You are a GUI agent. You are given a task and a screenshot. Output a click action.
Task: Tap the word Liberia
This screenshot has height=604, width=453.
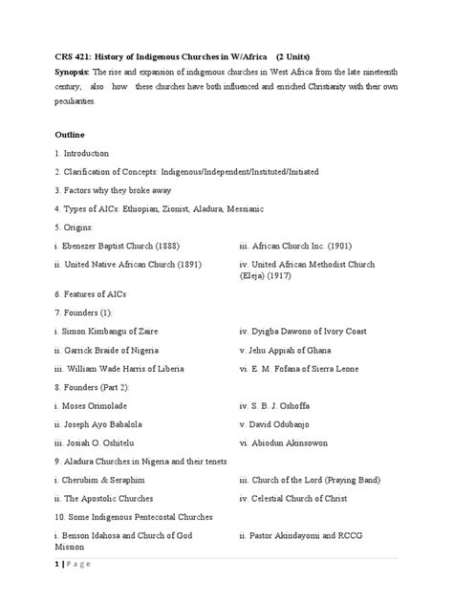171,368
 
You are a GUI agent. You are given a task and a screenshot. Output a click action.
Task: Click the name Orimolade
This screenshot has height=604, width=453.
100,405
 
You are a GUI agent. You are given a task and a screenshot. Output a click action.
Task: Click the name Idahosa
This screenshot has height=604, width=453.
113,536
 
